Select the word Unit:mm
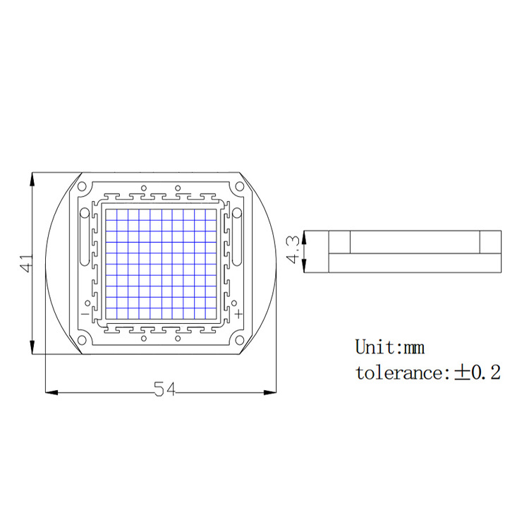pyautogui.click(x=389, y=347)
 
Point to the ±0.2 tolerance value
pyautogui.click(x=477, y=372)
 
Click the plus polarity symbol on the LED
pyautogui.click(x=239, y=312)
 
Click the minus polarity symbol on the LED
pyautogui.click(x=84, y=312)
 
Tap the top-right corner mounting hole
pyautogui.click(x=240, y=187)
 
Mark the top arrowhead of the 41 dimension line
pyautogui.click(x=32, y=178)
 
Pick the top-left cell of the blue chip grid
pyautogui.click(x=111, y=214)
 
